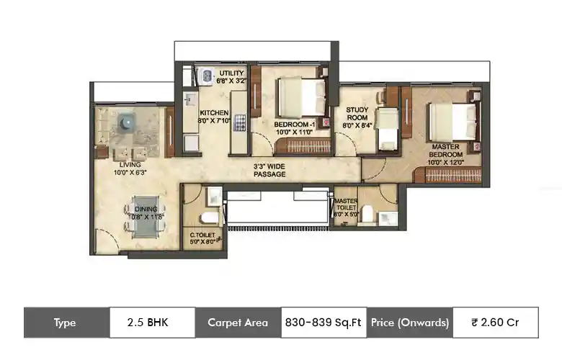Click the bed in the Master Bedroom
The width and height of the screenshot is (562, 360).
pos(452,117)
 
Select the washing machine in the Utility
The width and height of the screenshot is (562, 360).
pos(207,73)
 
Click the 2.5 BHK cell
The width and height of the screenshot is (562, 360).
pos(152,323)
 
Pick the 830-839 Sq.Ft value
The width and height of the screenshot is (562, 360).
pos(324,323)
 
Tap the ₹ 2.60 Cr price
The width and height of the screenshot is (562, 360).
pos(495,323)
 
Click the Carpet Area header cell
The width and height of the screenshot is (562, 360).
pos(238,323)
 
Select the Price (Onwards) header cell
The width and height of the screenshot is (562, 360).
pos(410,323)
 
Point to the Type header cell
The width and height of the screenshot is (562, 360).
pos(66,323)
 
